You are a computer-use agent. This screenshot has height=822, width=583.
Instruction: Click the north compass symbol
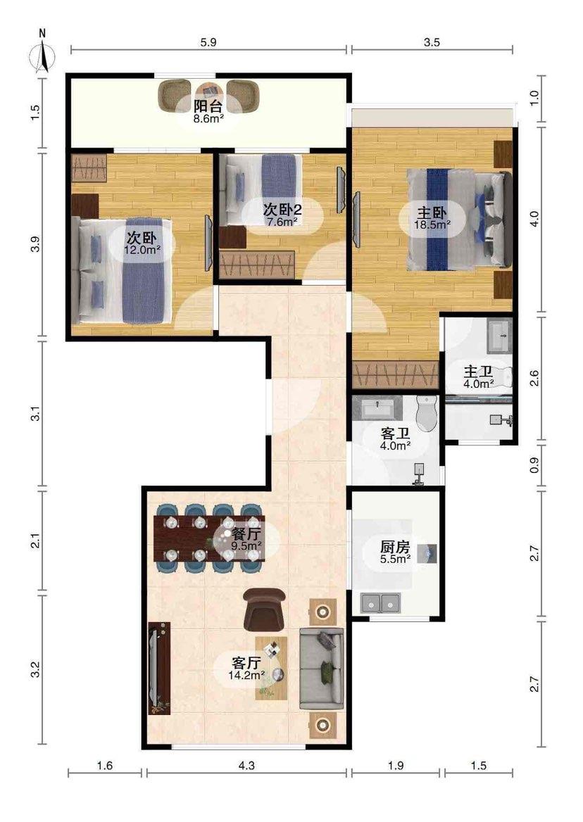(43, 54)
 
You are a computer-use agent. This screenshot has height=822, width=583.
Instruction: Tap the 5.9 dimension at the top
(208, 42)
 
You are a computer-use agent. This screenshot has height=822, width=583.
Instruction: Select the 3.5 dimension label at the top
(432, 42)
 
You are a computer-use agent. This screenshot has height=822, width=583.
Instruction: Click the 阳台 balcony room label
(208, 106)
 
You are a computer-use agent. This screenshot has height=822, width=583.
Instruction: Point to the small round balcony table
(208, 90)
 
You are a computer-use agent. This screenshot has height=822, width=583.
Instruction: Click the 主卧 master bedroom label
(432, 213)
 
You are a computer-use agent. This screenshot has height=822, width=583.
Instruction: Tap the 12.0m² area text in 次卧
(142, 250)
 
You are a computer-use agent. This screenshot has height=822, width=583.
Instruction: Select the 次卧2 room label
(282, 210)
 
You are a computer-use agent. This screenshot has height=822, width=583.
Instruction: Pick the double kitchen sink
(380, 603)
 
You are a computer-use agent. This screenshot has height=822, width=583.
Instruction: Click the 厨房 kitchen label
(395, 547)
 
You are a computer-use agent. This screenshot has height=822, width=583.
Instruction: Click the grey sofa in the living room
(321, 669)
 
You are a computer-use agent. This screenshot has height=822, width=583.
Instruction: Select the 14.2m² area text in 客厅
(246, 675)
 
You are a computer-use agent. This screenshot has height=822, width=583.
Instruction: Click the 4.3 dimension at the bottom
(246, 766)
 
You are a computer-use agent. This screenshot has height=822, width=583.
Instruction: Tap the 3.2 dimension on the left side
(35, 669)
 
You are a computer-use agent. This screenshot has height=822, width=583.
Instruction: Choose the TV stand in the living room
(159, 668)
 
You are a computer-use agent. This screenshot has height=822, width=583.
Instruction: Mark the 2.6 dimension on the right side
(534, 378)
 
